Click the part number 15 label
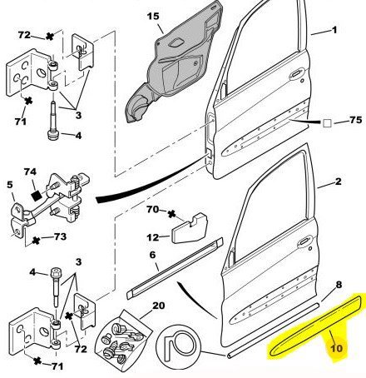pyautogui.click(x=153, y=17)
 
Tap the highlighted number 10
pyautogui.click(x=337, y=348)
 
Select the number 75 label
pyautogui.click(x=356, y=120)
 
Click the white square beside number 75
pyautogui.click(x=327, y=123)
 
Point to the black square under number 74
pyautogui.click(x=35, y=196)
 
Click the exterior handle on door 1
pyautogui.click(x=296, y=74)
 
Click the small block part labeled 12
pyautogui.click(x=190, y=228)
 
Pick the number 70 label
pyautogui.click(x=152, y=209)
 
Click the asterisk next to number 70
pyautogui.click(x=172, y=214)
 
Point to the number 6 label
pyautogui.click(x=153, y=255)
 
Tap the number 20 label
pyautogui.click(x=159, y=306)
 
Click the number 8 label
pyautogui.click(x=339, y=285)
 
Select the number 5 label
pyautogui.click(x=10, y=184)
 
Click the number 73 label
pyautogui.click(x=60, y=236)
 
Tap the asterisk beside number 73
pyautogui.click(x=36, y=241)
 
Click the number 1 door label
pyautogui.click(x=334, y=30)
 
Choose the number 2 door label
pyautogui.click(x=339, y=182)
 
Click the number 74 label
pyautogui.click(x=30, y=172)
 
